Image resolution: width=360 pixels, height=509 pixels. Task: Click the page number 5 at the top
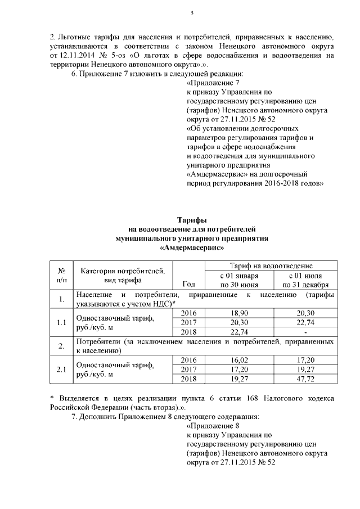(x=192, y=13)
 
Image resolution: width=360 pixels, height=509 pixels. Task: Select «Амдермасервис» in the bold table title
(x=192, y=247)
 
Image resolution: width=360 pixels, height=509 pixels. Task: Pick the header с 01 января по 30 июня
(x=239, y=280)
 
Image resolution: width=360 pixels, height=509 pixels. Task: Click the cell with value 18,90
(x=239, y=313)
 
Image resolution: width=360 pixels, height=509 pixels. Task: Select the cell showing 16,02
(x=239, y=359)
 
